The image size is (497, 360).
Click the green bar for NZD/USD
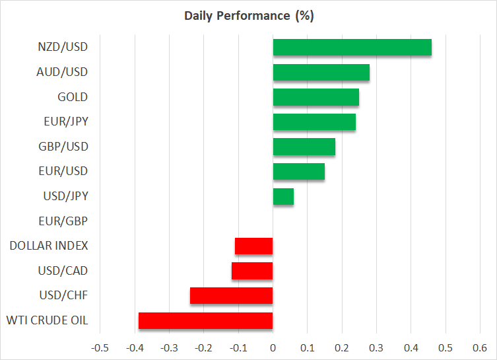tap(352, 48)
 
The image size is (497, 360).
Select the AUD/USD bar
tap(321, 72)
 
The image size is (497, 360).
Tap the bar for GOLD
tap(316, 97)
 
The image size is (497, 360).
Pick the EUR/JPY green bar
tap(314, 122)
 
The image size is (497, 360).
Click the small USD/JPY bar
tap(283, 196)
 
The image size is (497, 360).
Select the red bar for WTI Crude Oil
tap(206, 320)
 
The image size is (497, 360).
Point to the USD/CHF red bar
tap(232, 296)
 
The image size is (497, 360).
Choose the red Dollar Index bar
tap(254, 246)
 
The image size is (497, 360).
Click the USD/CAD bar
tap(252, 271)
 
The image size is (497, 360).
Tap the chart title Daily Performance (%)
tap(249, 16)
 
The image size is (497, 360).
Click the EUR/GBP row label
tap(63, 221)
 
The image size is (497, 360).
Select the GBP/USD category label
tap(63, 147)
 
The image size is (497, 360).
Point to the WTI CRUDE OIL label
tap(48, 320)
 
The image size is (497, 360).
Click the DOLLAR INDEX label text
tap(49, 246)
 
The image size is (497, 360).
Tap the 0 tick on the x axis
tap(273, 348)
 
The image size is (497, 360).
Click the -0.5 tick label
tap(100, 348)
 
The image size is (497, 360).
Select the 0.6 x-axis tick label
tap(480, 348)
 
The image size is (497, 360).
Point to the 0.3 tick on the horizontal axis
tap(376, 348)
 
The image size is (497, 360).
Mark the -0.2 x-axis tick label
tap(203, 348)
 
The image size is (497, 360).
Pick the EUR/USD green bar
tap(299, 172)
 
